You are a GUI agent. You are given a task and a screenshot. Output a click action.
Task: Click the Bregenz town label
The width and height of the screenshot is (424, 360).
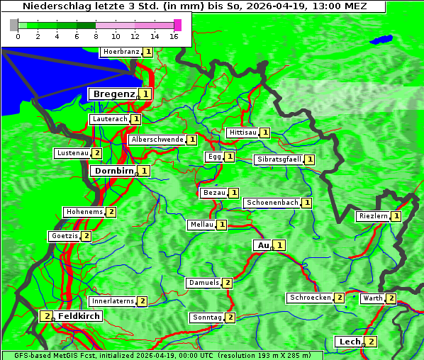pos(113,94)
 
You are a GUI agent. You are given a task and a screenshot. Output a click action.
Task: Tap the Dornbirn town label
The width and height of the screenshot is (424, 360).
pos(113,171)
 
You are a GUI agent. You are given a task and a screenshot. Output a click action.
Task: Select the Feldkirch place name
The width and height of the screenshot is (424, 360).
pos(79,316)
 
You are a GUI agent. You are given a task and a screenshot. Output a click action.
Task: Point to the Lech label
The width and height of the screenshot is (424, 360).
pos(350,342)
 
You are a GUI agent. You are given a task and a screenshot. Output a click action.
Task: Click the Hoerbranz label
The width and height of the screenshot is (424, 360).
pos(121,52)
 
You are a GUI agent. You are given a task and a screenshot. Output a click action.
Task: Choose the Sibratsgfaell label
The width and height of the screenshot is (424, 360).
pos(279,159)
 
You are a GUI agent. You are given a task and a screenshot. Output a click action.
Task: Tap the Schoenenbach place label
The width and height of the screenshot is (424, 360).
pos(272,203)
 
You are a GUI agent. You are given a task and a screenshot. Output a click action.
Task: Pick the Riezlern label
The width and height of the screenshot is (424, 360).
pos(373,216)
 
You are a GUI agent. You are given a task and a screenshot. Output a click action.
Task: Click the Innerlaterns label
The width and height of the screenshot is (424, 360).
pos(113,301)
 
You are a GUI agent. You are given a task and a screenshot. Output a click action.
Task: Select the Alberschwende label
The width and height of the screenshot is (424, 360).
pos(157,140)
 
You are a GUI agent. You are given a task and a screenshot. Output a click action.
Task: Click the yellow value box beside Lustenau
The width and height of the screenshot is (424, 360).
pos(97,153)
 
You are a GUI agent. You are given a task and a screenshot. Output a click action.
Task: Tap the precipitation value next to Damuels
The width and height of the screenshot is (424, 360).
pos(228,283)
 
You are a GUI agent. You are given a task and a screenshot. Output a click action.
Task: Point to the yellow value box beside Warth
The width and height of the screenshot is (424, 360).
pos(391,298)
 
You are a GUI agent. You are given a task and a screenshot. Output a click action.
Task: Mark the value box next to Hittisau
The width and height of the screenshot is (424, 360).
pos(265,133)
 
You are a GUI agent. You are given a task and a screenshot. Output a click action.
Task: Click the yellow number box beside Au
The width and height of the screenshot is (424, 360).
pos(280,245)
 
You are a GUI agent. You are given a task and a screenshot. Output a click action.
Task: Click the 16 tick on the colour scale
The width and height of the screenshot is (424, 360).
pos(174,36)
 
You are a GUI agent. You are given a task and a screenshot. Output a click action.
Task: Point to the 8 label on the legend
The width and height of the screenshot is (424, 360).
pos(96,36)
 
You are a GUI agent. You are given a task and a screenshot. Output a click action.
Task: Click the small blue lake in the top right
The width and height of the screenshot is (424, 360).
pos(383,40)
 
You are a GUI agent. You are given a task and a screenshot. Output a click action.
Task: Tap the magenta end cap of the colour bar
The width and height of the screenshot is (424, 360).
pos(177,25)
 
